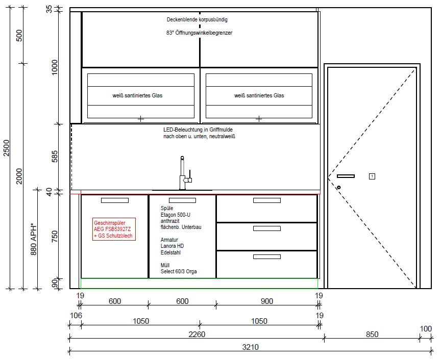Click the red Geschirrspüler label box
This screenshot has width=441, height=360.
pyautogui.click(x=114, y=229)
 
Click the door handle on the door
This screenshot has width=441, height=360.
pyautogui.click(x=346, y=176)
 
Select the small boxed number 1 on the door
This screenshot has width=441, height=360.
pyautogui.click(x=372, y=176)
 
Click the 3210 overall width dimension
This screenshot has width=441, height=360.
pyautogui.click(x=250, y=347)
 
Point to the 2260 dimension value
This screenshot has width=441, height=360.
pyautogui.click(x=197, y=334)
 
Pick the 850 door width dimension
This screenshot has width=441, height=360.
pyautogui.click(x=372, y=334)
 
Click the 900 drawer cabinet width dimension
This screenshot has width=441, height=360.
pyautogui.click(x=266, y=301)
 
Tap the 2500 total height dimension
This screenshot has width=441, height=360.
pyautogui.click(x=6, y=148)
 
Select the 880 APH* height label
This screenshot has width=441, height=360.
pyautogui.click(x=34, y=240)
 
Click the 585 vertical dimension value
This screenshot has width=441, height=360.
pyautogui.click(x=55, y=156)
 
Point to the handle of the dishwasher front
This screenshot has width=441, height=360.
pyautogui.click(x=115, y=200)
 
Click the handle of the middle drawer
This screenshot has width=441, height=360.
pyautogui.click(x=266, y=228)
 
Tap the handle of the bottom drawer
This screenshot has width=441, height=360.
pyautogui.click(x=266, y=256)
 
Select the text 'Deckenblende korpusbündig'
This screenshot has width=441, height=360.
pyautogui.click(x=197, y=20)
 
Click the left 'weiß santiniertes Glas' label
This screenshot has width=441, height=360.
pyautogui.click(x=137, y=95)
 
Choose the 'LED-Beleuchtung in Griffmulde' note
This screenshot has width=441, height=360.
pyautogui.click(x=198, y=130)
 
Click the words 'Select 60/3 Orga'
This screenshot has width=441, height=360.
pyautogui.click(x=179, y=271)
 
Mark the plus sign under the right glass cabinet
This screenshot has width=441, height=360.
pyautogui.click(x=259, y=119)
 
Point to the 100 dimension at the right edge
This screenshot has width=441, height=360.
pyautogui.click(x=426, y=328)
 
